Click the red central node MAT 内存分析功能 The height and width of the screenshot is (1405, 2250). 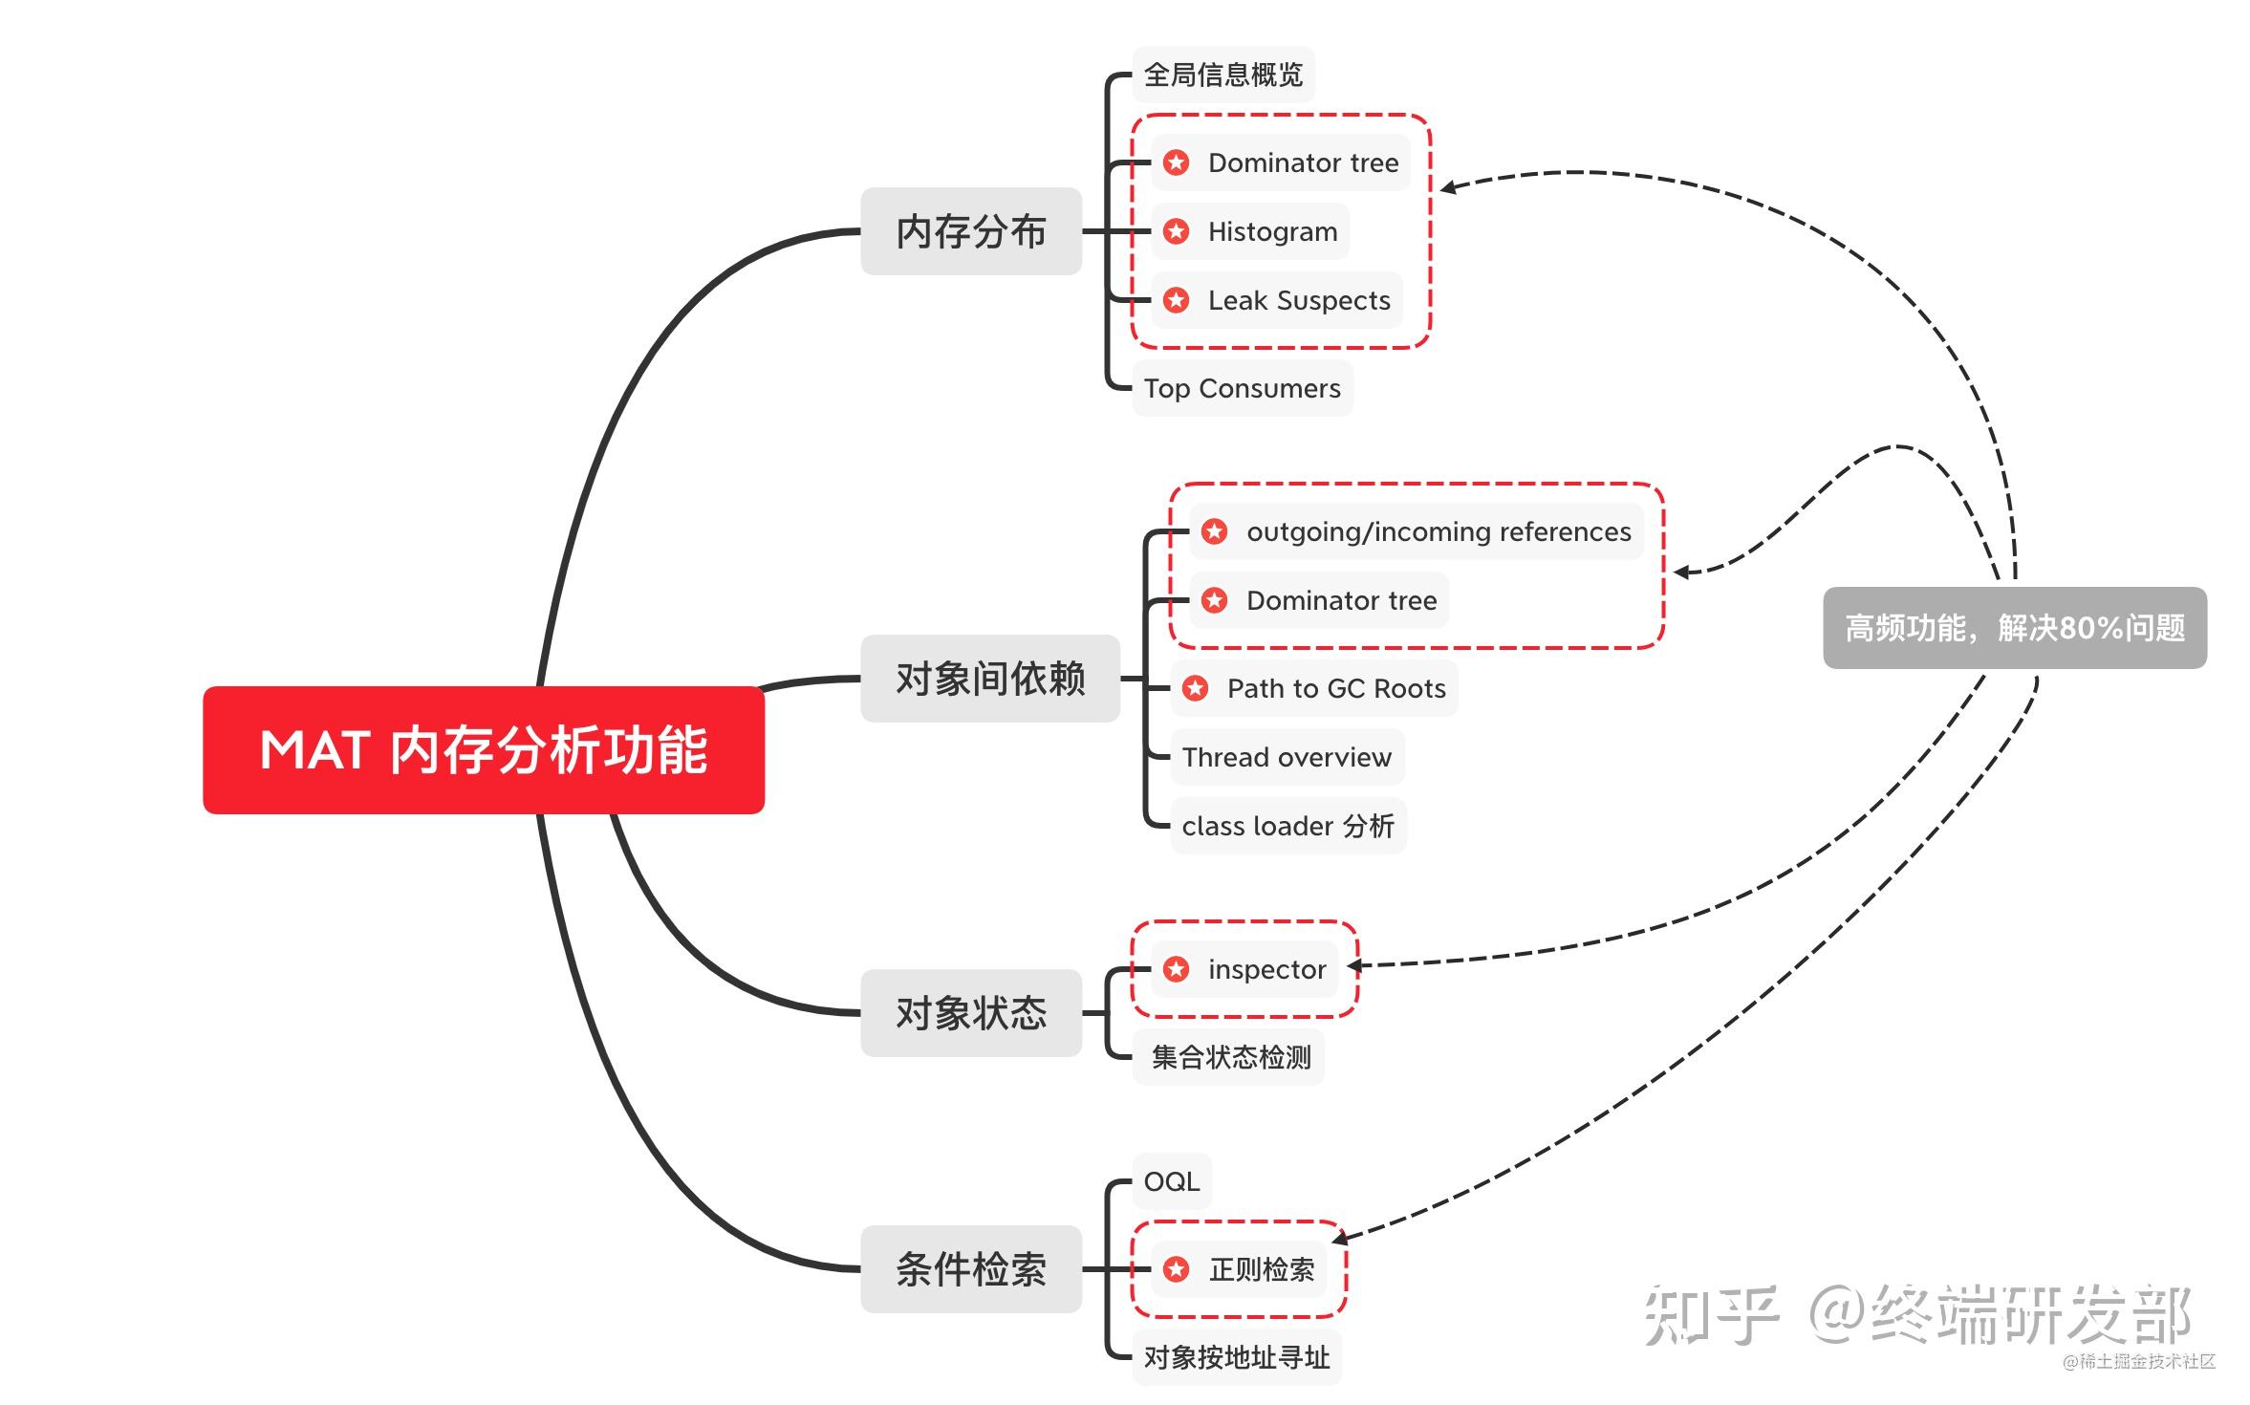click(484, 750)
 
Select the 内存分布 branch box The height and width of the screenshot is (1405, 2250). click(971, 231)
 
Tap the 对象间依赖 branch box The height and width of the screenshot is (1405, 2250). click(990, 679)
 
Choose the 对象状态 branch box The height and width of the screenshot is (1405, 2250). click(971, 1013)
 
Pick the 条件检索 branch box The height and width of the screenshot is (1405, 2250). click(971, 1269)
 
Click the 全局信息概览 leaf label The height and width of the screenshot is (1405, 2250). click(1223, 75)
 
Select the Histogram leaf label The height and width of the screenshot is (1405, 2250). click(1272, 231)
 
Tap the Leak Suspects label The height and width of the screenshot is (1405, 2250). click(1299, 300)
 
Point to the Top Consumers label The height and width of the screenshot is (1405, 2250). click(1243, 388)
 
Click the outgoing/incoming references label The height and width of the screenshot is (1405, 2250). click(1439, 531)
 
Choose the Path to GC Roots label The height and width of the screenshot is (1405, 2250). click(1336, 688)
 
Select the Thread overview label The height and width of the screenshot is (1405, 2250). click(1287, 757)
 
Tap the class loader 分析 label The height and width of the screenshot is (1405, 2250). click(1287, 826)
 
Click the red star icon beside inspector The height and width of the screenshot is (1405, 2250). click(1177, 969)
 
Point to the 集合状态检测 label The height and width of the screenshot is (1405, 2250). click(1231, 1057)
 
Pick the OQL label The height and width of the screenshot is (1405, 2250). click(1172, 1181)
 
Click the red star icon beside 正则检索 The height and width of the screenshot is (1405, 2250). click(1177, 1269)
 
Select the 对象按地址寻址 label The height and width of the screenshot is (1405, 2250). click(1237, 1357)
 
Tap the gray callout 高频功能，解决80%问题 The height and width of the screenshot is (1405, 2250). click(2015, 628)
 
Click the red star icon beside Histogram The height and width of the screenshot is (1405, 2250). click(1177, 231)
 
